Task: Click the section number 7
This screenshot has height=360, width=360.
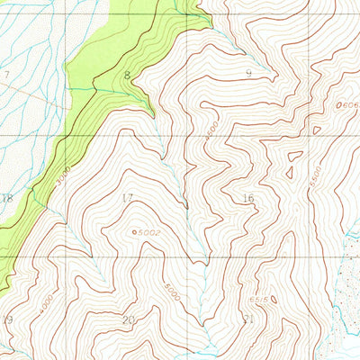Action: coord(6,75)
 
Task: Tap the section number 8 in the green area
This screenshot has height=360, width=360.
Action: coord(128,76)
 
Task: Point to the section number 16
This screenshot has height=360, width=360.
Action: coord(248,198)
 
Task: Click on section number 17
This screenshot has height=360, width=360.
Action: coord(127,198)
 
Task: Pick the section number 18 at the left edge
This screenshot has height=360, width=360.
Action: coord(8,198)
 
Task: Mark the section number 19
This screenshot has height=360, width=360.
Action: coord(8,319)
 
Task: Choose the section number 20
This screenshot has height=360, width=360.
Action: coord(128,319)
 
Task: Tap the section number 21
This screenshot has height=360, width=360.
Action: coord(249,319)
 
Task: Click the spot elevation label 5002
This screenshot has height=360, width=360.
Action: coord(149,232)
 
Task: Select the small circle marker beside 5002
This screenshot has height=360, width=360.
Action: coord(135,232)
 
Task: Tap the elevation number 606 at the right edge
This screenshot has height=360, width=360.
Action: coord(352,105)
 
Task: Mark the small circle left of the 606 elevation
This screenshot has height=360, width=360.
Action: coord(339,105)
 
